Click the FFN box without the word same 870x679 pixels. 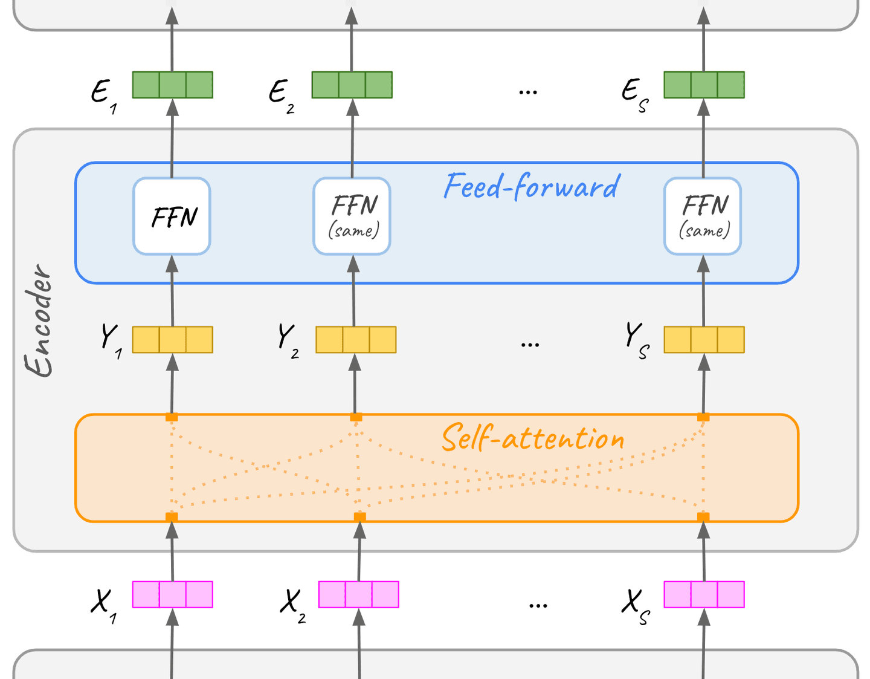(x=172, y=216)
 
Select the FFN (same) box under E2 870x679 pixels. (x=352, y=216)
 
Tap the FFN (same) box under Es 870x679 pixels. (x=703, y=216)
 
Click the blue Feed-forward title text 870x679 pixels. (x=532, y=186)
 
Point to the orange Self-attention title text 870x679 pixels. (x=533, y=438)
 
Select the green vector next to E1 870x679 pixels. (x=172, y=85)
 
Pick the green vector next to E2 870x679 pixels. (x=352, y=85)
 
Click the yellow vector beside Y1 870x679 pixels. (x=172, y=340)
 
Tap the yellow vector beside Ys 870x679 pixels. (x=704, y=340)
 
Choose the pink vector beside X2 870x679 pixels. (x=358, y=594)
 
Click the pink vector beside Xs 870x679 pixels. (x=704, y=594)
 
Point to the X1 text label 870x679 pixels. (x=103, y=604)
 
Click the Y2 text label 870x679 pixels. (x=288, y=340)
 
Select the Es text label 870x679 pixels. (x=634, y=94)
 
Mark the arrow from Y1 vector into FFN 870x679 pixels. (x=172, y=290)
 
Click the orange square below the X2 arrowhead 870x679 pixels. (x=359, y=517)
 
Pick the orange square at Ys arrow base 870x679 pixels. (x=703, y=417)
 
